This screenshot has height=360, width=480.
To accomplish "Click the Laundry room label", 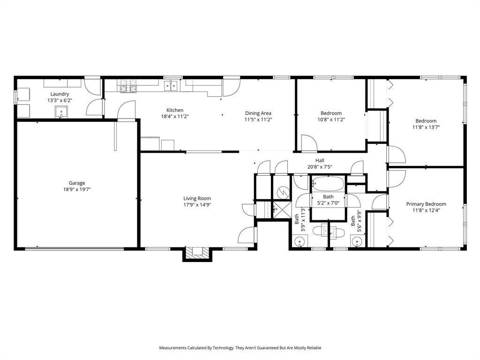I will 60,94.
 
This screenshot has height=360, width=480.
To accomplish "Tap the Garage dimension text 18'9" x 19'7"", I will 77,189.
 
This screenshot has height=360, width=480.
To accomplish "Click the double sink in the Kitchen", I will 171,85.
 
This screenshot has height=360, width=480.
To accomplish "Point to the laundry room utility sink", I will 61,112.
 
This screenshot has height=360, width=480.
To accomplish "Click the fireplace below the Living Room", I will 197,253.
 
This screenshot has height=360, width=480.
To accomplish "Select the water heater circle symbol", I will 282,192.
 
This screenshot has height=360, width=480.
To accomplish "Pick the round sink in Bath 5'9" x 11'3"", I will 300,242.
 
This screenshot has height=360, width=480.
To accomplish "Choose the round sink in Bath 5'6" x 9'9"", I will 357,242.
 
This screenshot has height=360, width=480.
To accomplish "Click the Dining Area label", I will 258,113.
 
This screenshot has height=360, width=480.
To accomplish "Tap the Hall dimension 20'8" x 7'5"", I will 320,166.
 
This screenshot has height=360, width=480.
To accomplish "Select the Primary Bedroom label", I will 426,204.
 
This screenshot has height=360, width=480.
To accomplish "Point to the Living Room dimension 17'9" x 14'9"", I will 197,204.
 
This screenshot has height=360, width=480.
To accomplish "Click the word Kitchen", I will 175,110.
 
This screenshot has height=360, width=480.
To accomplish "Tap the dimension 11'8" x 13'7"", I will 426,127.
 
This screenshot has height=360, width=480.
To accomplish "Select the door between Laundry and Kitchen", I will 96,107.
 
